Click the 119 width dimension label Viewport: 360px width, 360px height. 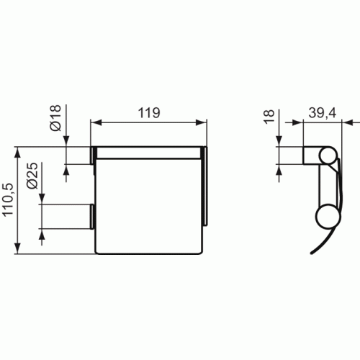pyautogui.click(x=148, y=113)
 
